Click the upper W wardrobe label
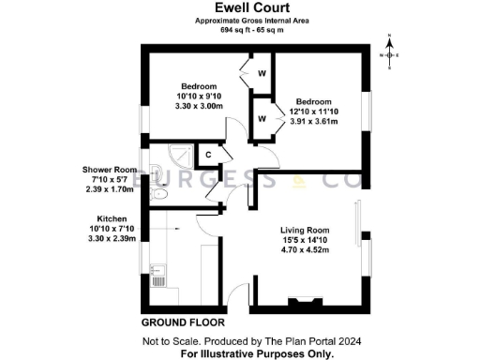point(262,73)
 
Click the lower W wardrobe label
point(262,118)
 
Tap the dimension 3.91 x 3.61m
point(314,122)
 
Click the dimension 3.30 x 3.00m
point(199,106)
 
